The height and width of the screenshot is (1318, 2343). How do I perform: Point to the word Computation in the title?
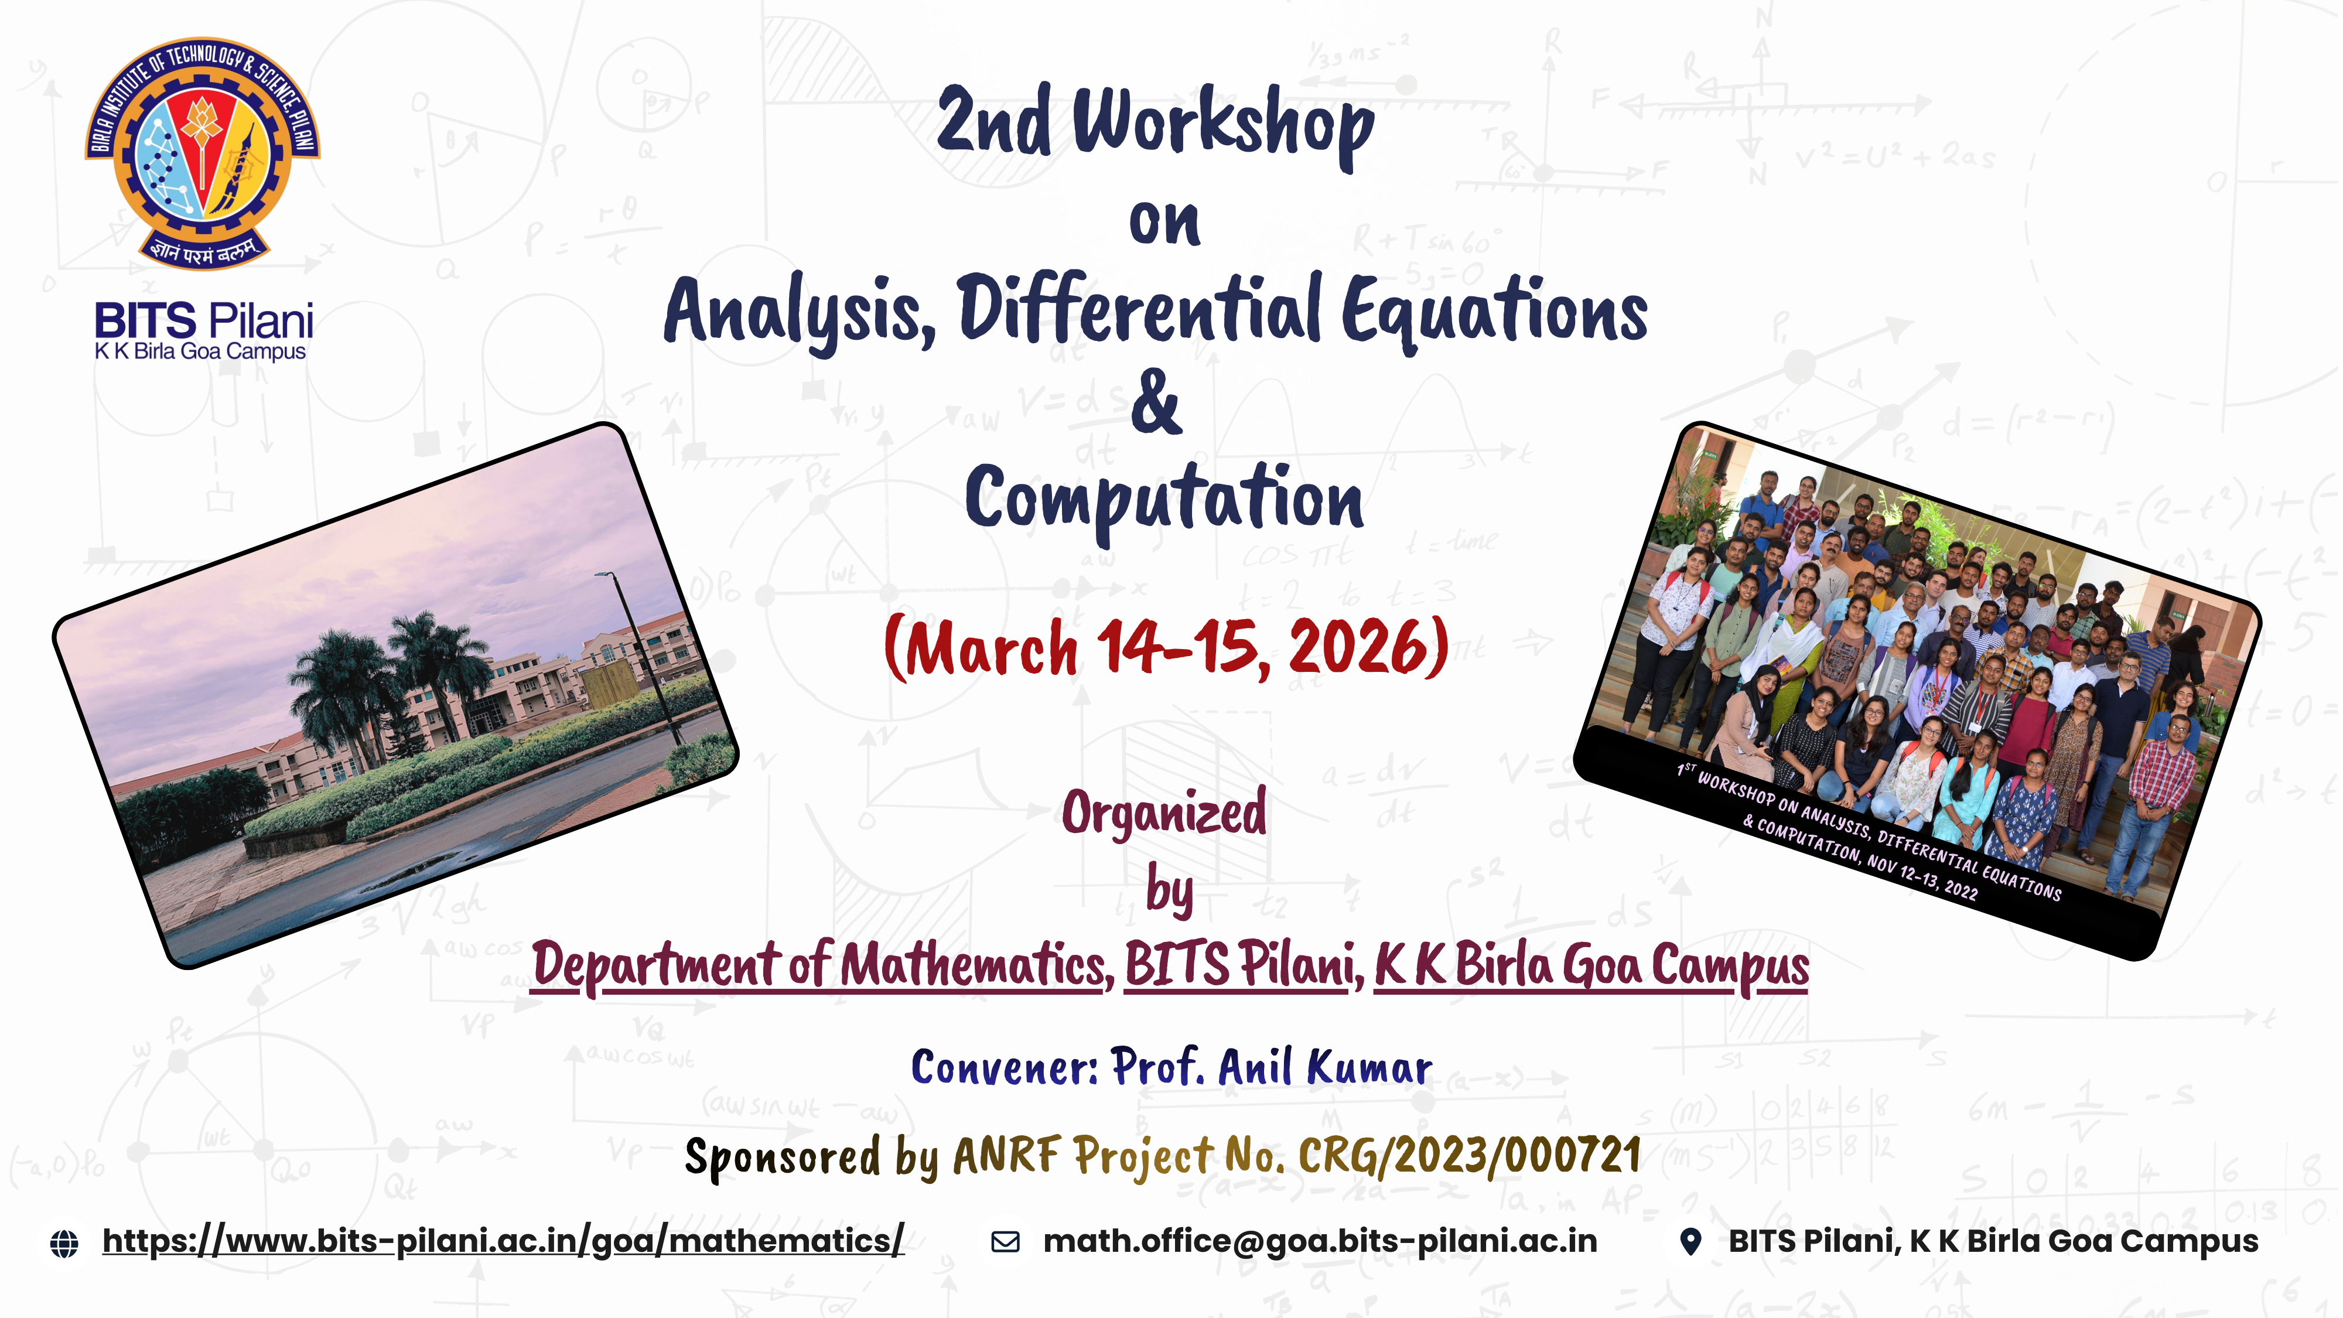1164,500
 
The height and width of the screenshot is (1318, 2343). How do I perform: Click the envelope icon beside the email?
1005,1242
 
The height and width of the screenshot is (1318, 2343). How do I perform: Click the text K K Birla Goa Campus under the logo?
200,352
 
